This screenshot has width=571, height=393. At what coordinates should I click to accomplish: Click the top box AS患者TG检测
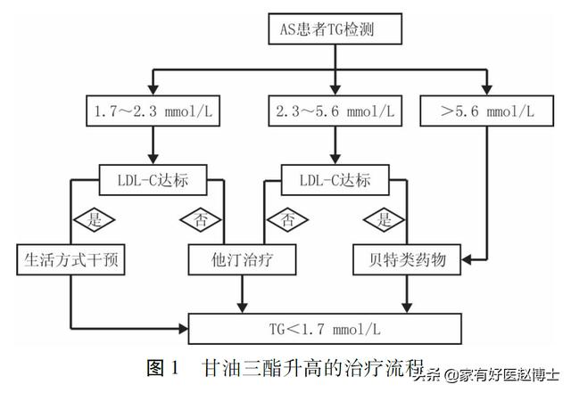334,30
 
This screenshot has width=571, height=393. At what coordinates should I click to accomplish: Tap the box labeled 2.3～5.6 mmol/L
335,112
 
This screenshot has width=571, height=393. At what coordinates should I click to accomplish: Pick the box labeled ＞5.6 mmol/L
486,112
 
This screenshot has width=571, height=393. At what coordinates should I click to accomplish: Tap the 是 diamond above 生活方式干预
90,219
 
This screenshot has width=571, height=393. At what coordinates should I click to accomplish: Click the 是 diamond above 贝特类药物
384,219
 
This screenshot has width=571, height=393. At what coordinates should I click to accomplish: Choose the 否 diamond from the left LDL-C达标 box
200,219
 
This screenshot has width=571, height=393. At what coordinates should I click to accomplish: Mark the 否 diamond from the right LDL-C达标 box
285,219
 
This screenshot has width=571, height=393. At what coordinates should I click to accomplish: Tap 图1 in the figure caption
162,366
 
